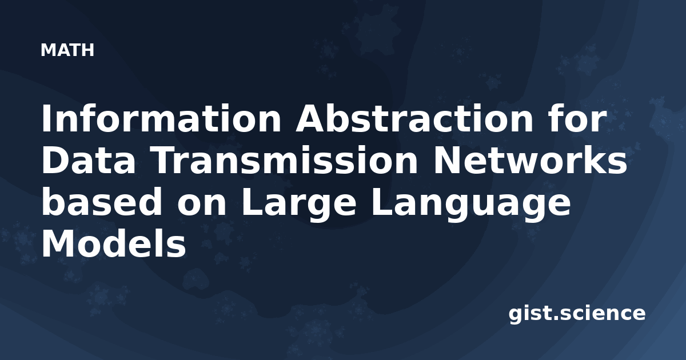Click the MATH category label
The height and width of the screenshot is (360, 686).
click(x=67, y=50)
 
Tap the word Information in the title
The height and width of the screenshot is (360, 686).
click(x=161, y=118)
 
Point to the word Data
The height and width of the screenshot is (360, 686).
click(x=89, y=160)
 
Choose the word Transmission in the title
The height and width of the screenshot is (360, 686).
click(x=285, y=159)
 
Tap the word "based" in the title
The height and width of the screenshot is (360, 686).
click(x=102, y=202)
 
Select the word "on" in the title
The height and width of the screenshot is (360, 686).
click(x=201, y=205)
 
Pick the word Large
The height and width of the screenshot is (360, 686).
click(x=298, y=205)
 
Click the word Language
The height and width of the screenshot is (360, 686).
click(x=470, y=205)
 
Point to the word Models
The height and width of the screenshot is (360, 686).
click(x=114, y=243)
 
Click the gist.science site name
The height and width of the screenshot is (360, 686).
click(x=577, y=314)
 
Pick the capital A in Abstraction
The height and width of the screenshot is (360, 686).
click(x=311, y=118)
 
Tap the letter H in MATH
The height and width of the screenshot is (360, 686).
click(x=87, y=50)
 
